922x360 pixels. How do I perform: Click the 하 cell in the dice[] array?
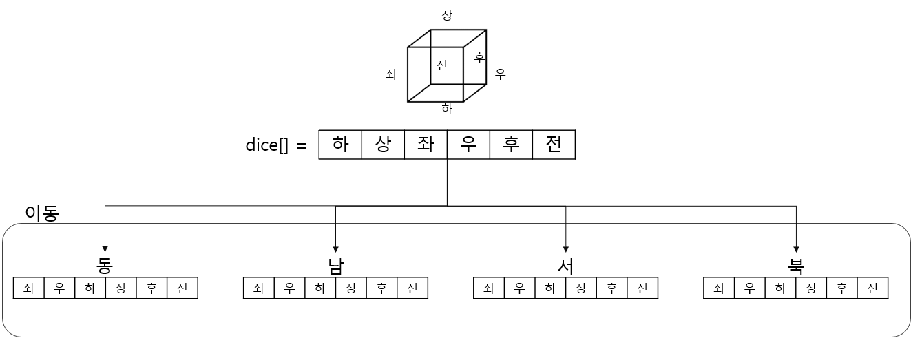pyautogui.click(x=340, y=145)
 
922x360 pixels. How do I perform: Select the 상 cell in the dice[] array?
pyautogui.click(x=383, y=145)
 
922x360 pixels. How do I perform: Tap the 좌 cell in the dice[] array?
pyautogui.click(x=426, y=145)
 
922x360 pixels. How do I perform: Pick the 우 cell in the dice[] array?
pyautogui.click(x=468, y=145)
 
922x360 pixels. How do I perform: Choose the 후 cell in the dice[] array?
pyautogui.click(x=511, y=145)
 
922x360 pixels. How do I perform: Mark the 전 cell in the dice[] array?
pyautogui.click(x=554, y=145)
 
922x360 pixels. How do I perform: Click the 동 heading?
pyautogui.click(x=105, y=266)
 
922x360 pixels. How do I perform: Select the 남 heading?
pyautogui.click(x=335, y=266)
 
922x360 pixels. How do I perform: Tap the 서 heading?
pyautogui.click(x=565, y=266)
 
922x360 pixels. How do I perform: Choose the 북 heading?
pyautogui.click(x=796, y=266)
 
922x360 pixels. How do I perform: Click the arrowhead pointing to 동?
pyautogui.click(x=105, y=249)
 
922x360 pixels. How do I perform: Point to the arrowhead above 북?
pyautogui.click(x=796, y=249)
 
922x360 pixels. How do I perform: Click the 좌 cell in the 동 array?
pyautogui.click(x=29, y=288)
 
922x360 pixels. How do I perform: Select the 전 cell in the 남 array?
pyautogui.click(x=412, y=288)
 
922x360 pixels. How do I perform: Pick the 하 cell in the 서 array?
pyautogui.click(x=550, y=288)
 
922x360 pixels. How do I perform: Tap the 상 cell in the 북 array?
pyautogui.click(x=810, y=288)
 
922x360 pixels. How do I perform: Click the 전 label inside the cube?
pyautogui.click(x=442, y=65)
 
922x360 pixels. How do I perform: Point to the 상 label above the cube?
pyautogui.click(x=447, y=16)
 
